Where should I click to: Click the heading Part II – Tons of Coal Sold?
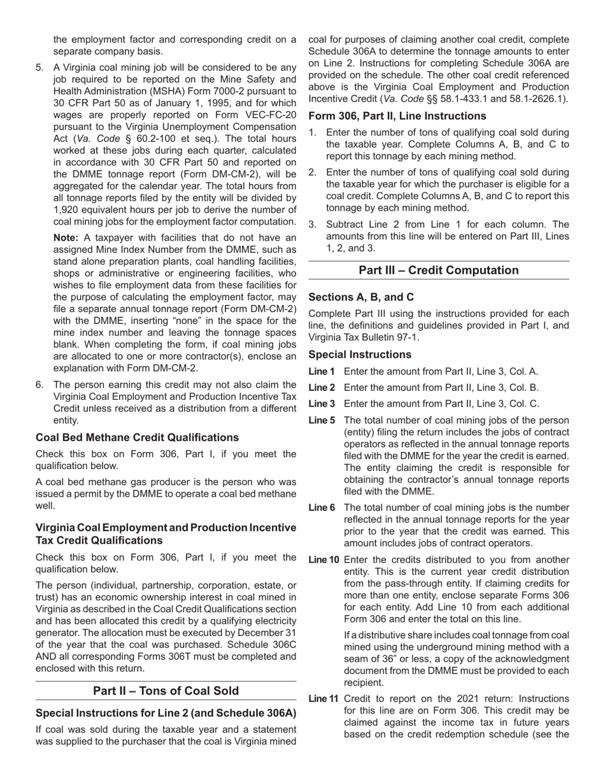[x=166, y=691]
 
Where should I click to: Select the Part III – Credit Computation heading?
[x=438, y=270]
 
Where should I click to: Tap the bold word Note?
[x=66, y=237]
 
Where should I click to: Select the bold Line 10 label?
[x=324, y=560]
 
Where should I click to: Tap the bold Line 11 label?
[x=324, y=698]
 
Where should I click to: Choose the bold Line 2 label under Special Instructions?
[x=322, y=388]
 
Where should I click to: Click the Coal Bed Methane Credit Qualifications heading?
[x=137, y=437]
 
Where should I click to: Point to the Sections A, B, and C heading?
[x=360, y=297]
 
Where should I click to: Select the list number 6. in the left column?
[x=40, y=384]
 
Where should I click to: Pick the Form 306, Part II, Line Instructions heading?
[x=397, y=116]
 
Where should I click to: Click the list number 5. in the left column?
[x=40, y=67]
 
